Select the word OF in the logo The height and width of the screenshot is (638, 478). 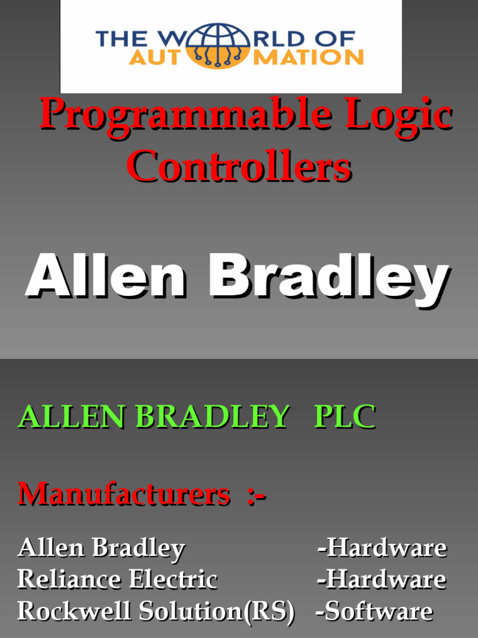point(337,39)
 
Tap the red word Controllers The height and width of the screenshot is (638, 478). point(240,167)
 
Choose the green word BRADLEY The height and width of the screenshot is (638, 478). point(213,416)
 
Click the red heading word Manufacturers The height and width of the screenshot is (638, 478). point(124,495)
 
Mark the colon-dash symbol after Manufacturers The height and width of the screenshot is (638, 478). point(256,496)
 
